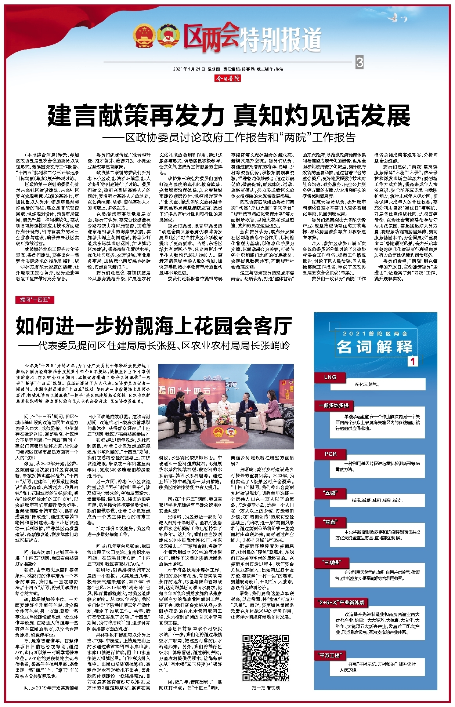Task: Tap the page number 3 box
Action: coord(360,62)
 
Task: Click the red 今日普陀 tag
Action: coord(228,78)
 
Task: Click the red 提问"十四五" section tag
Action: coord(35,300)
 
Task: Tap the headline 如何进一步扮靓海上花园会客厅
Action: coord(154,326)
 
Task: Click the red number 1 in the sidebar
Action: coord(413,361)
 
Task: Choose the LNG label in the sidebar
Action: coord(330,377)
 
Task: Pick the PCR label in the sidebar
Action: coord(331,454)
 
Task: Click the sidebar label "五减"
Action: coord(330,493)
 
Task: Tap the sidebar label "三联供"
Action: coord(332,562)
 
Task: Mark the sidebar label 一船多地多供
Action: coord(333,405)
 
